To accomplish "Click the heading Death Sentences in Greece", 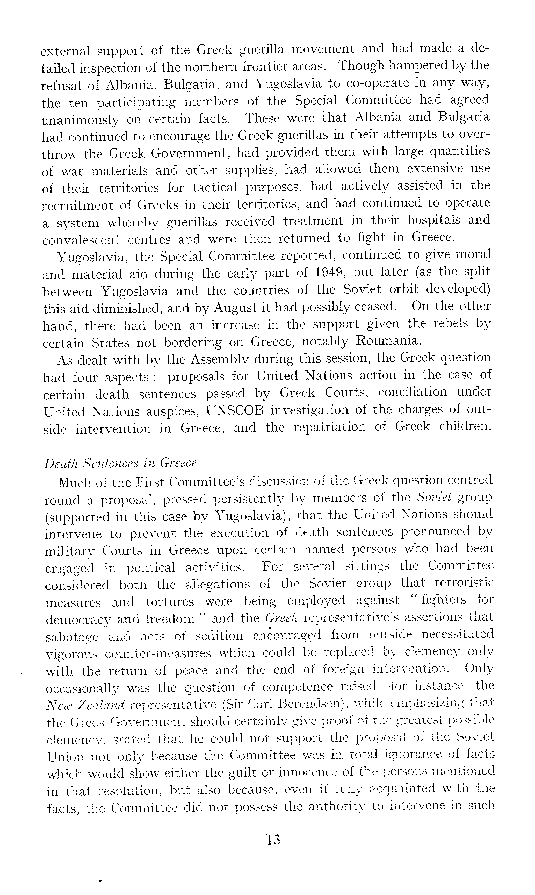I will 120,463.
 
